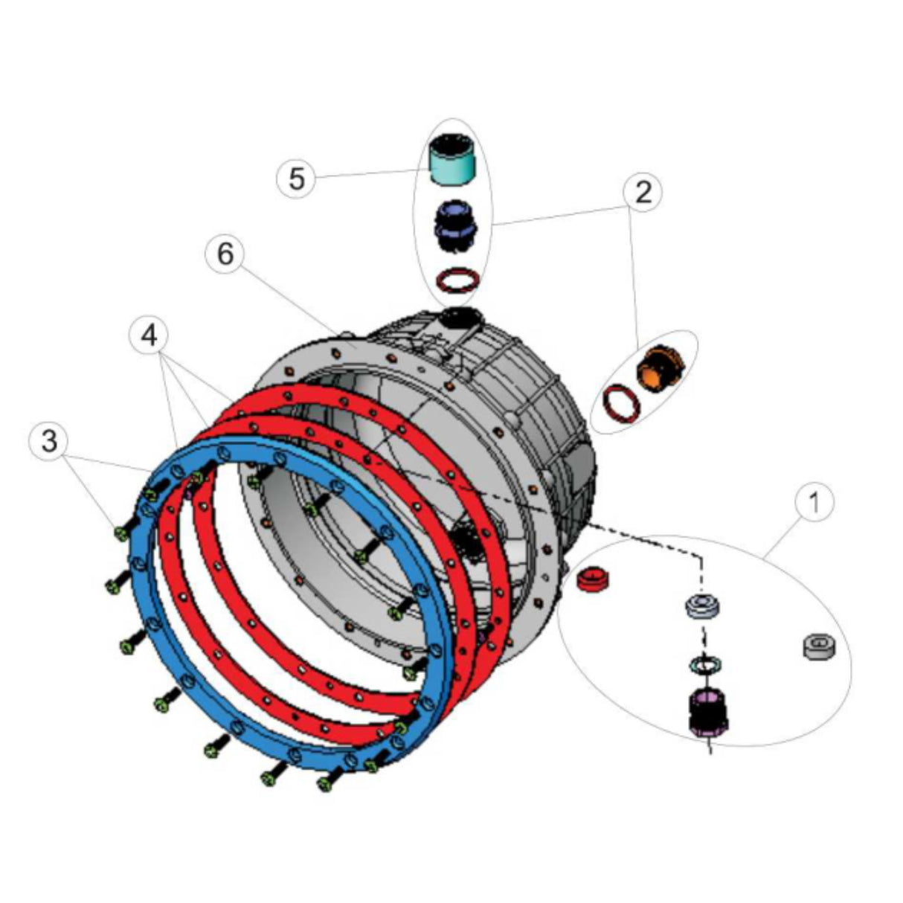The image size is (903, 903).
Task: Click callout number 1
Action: tap(814, 503)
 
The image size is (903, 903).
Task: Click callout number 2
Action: tap(643, 192)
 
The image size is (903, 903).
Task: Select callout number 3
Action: tap(48, 441)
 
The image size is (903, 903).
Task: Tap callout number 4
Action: tap(149, 336)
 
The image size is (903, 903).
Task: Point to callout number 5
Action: tap(297, 179)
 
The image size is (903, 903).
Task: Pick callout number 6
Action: tap(225, 254)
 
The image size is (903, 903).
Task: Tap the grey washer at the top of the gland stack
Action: tap(702, 605)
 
